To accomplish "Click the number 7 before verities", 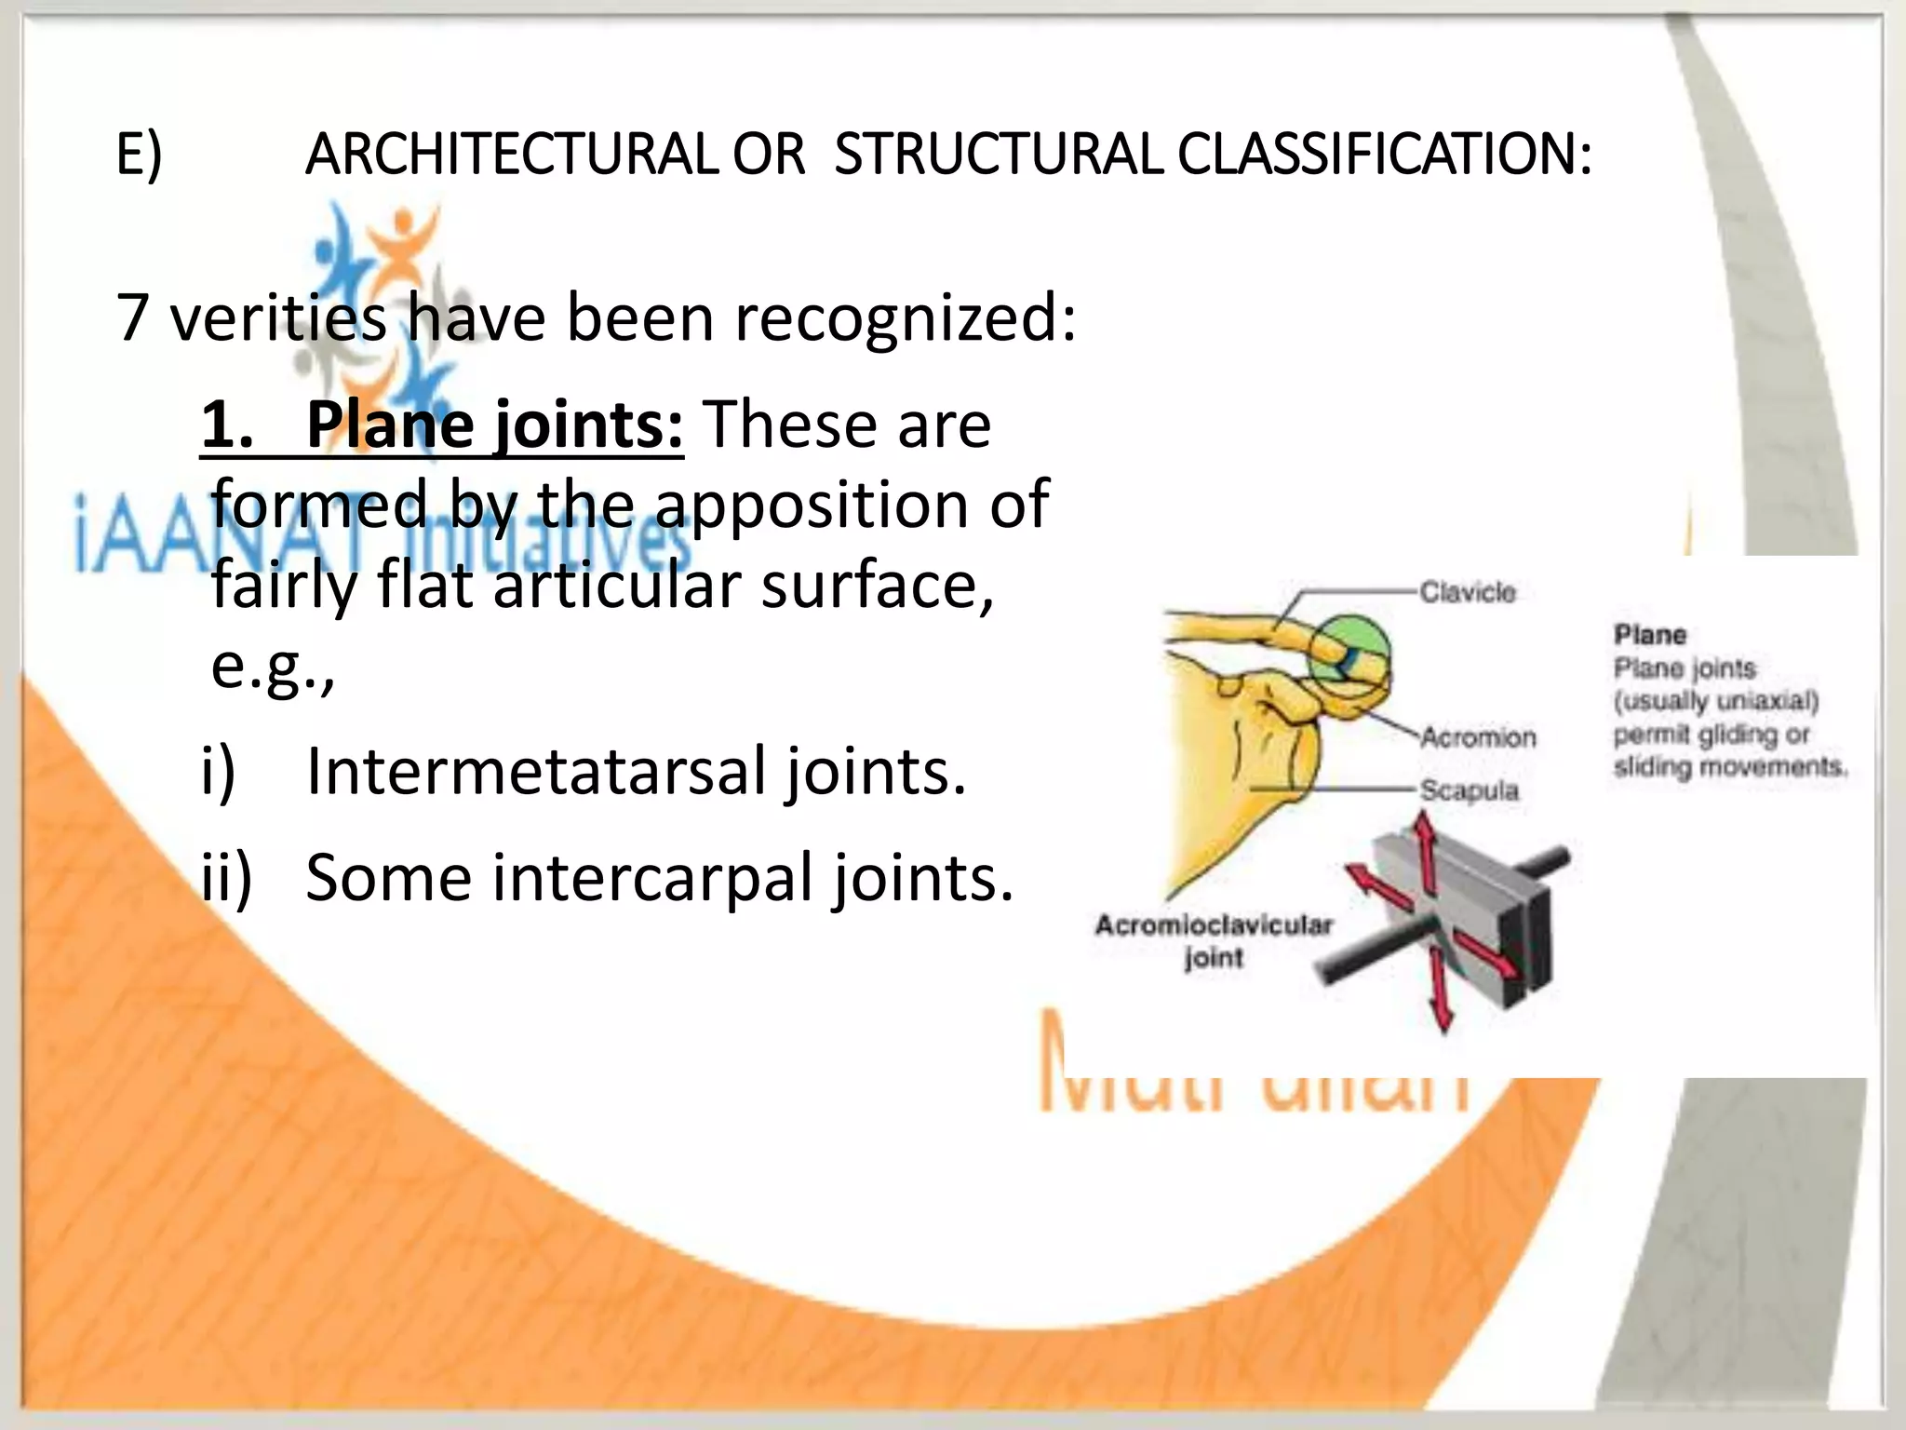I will (133, 318).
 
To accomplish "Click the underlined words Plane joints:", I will (493, 425).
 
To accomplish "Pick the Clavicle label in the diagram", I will (1467, 592).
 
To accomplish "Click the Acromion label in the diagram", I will (1478, 737).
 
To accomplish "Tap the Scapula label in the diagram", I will (1469, 790).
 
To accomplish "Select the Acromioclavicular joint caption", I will (1214, 940).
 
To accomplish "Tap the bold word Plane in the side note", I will (1649, 635).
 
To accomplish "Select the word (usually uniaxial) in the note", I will (1716, 701).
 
